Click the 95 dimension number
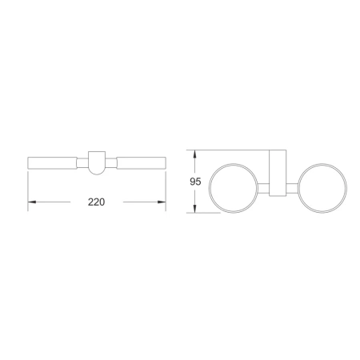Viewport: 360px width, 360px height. pyautogui.click(x=194, y=181)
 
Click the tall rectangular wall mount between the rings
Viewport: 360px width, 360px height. pyautogui.click(x=276, y=172)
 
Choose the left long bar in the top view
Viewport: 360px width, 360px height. pyautogui.click(x=53, y=162)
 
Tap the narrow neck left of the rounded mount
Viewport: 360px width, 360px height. pyautogui.click(x=82, y=162)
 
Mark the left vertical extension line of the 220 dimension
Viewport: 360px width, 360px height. pyautogui.click(x=28, y=188)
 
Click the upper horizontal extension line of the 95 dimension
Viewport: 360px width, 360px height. pyautogui.click(x=232, y=149)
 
